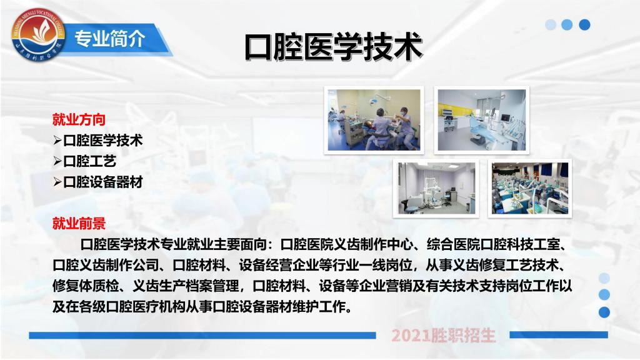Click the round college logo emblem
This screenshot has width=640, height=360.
coord(38,34)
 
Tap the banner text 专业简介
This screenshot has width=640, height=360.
coord(110,39)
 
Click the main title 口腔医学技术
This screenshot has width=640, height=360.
coord(333,47)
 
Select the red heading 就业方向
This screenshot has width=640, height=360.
coord(79,119)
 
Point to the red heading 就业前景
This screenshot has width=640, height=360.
coord(79,223)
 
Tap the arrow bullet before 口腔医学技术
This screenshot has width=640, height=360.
coord(57,141)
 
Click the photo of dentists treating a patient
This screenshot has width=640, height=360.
coord(374,120)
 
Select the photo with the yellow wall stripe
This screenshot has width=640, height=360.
coord(482,120)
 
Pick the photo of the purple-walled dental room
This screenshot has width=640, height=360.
coord(436,188)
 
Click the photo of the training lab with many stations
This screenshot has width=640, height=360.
coord(530,188)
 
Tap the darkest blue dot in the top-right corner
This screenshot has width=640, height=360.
coord(584,24)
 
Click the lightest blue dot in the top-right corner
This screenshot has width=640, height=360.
coord(551,24)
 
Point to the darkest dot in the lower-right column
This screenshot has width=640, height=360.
coord(604,312)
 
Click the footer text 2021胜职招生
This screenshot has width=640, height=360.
coord(443,336)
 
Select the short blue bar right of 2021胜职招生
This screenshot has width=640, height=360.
coord(559,335)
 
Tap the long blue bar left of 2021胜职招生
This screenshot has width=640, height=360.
coord(202,336)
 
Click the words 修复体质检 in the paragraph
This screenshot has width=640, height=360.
coord(86,286)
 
